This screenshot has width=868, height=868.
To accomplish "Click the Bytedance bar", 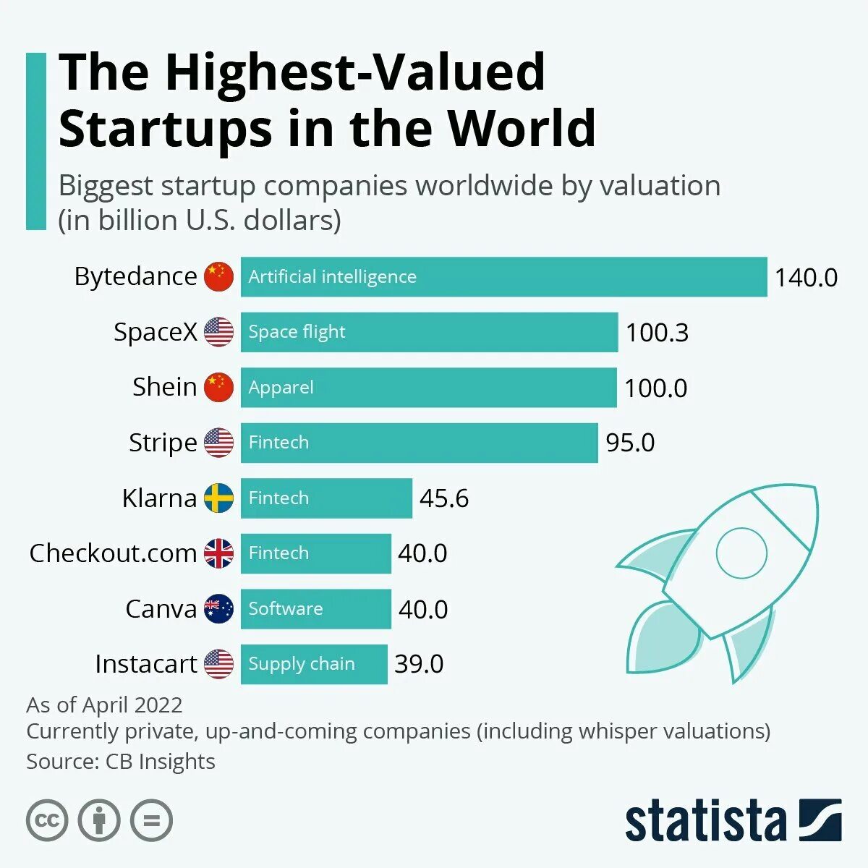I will coord(503,277).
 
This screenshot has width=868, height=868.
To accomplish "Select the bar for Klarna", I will coord(326,498).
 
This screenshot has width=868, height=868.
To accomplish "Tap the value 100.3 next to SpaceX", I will coord(657,333).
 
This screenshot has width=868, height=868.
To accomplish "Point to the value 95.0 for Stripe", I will coord(630,443).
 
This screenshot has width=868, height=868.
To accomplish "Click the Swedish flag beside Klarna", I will coord(218,498).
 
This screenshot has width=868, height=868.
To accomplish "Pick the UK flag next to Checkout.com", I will coord(218,553).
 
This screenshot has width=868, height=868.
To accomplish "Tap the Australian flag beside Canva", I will coord(218,609).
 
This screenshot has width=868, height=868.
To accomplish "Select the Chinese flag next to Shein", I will coord(218,388).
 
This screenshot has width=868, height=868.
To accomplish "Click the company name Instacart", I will coord(146,664).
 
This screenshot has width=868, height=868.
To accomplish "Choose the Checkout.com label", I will coord(113,553).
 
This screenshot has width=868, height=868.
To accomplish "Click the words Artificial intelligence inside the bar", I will coord(332,277).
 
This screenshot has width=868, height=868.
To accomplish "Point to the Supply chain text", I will coord(302,664).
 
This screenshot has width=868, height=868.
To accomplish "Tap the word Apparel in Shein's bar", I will coord(281,388).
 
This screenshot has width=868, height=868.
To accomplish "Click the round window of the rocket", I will coord(741,553).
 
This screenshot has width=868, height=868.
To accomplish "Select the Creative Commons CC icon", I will coord(47,821).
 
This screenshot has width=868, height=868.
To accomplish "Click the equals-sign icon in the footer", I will coord(152,821).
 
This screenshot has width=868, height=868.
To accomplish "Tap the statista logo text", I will coord(705,821).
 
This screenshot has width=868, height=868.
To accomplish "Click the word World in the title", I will coord(522,128).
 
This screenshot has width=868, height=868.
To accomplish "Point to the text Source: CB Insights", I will coord(121,762).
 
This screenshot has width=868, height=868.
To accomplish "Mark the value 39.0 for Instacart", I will coord(419,664).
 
